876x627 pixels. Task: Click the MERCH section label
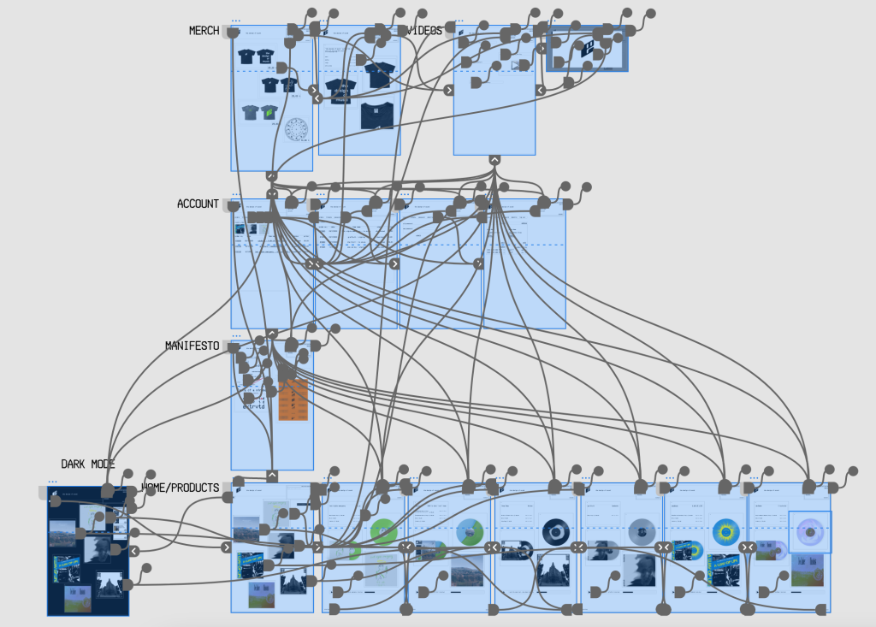click(204, 31)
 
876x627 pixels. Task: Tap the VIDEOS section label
click(425, 31)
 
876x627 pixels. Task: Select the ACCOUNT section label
click(198, 204)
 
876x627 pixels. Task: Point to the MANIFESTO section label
click(192, 346)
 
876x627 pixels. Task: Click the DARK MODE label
click(87, 464)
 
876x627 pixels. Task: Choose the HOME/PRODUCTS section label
click(180, 488)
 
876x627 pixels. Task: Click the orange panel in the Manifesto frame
click(293, 400)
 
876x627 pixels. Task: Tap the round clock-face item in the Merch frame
click(296, 130)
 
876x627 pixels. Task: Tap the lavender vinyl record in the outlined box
click(809, 532)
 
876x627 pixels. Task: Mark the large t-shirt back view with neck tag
click(377, 115)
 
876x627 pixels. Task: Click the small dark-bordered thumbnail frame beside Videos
click(587, 49)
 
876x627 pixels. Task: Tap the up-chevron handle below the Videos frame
click(494, 160)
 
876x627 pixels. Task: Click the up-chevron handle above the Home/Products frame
click(272, 476)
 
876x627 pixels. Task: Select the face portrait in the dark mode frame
click(97, 547)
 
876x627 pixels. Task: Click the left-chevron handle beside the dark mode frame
click(134, 550)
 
